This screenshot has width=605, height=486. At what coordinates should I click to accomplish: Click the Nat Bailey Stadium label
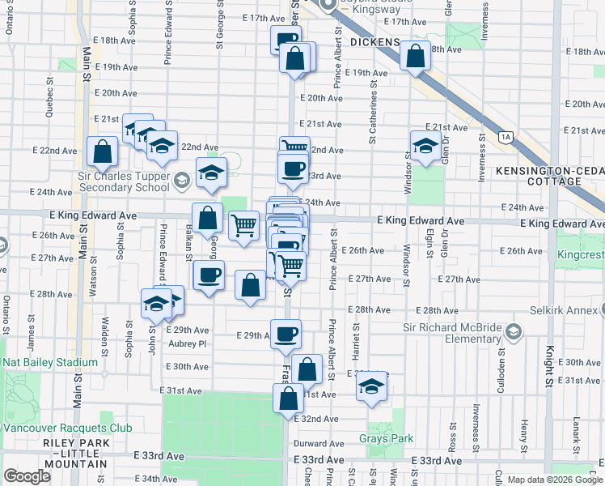point(48,362)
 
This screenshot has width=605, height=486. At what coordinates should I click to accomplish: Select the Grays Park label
point(386,439)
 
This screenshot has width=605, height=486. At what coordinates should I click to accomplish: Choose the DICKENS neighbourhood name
point(375,42)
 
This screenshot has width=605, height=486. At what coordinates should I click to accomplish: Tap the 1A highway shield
point(506,139)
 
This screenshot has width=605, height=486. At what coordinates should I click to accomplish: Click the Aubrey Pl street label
point(187,343)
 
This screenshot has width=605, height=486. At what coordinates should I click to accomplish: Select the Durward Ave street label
point(319,444)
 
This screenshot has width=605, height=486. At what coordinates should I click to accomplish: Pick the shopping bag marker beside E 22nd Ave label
point(103,151)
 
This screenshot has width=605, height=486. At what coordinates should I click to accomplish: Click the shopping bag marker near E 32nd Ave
point(288,399)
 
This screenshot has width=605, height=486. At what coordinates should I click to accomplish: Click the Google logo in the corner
point(27,476)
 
